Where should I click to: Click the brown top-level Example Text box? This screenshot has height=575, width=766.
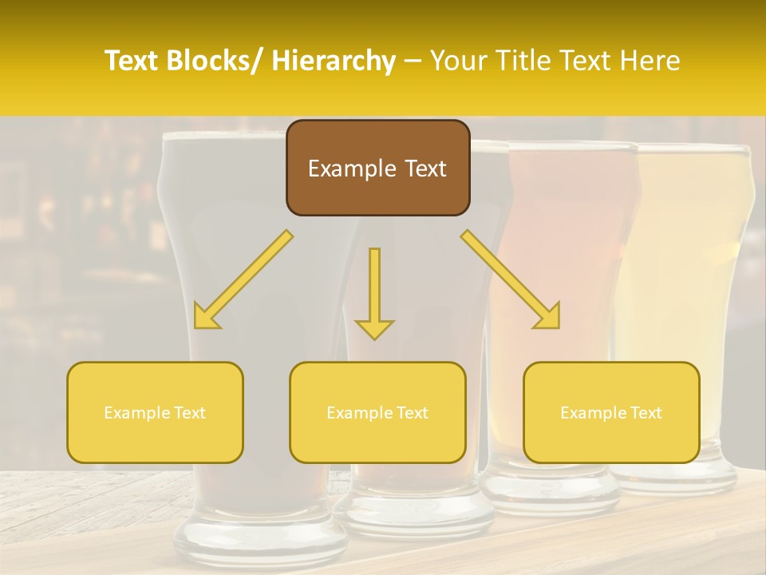point(377,168)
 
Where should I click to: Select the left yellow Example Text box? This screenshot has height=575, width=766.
point(155,412)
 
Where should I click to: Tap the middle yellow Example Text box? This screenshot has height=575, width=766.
point(377,412)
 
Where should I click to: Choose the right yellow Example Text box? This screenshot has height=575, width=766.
point(611,412)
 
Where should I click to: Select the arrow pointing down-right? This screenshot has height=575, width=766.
point(511,280)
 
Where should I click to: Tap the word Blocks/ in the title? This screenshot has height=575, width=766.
point(209,61)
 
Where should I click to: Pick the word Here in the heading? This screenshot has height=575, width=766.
point(650,61)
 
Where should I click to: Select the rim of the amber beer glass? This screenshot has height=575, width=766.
point(573,148)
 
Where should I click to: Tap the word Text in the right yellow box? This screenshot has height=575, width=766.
point(646,412)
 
